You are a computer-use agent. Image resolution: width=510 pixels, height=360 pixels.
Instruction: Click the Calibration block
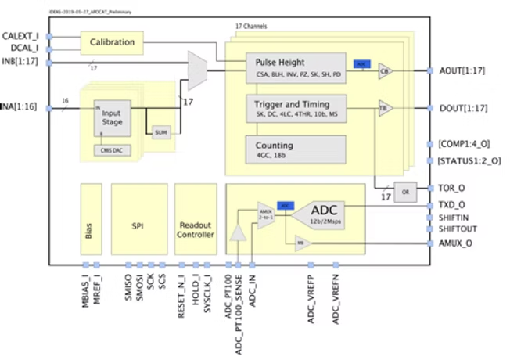click(113, 41)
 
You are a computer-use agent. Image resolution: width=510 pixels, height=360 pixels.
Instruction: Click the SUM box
click(161, 131)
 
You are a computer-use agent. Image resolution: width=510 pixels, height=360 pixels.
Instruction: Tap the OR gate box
click(404, 192)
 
